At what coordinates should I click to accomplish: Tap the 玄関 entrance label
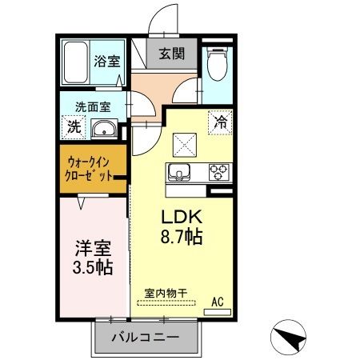(169, 54)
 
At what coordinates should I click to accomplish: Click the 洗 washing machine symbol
(74, 126)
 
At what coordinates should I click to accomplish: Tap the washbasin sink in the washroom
(104, 130)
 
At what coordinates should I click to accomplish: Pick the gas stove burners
(218, 170)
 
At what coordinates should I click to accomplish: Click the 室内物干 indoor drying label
(166, 293)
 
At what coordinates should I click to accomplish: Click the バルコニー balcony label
(145, 337)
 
